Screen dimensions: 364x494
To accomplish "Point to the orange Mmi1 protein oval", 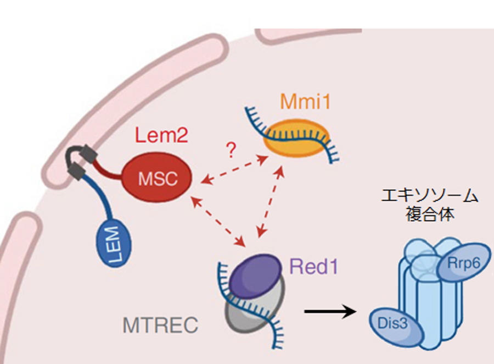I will coord(297,139).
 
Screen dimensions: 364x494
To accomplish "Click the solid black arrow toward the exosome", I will coord(329,312).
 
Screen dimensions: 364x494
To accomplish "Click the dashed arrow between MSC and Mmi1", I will coord(233,169).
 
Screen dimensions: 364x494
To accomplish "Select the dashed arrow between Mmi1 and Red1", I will coord(270,201).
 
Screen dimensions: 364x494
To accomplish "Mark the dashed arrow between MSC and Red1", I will coord(217,220).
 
